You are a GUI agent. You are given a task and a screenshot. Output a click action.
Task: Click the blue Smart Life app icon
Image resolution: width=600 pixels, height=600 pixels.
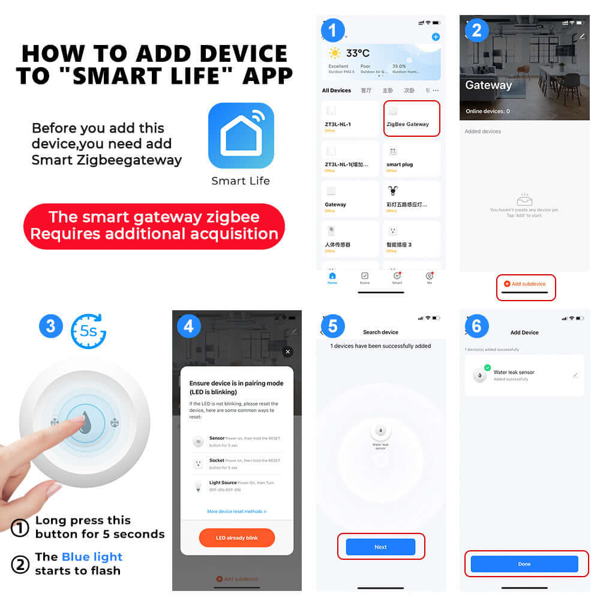(241, 136)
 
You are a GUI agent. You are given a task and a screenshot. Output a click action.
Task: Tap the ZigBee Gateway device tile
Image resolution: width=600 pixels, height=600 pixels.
(412, 118)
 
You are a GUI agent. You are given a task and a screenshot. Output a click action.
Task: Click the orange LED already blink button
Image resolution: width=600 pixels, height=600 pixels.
(236, 538)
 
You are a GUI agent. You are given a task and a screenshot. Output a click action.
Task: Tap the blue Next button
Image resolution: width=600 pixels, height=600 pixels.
(380, 547)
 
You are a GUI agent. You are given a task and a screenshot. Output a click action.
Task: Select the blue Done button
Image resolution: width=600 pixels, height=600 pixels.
(524, 564)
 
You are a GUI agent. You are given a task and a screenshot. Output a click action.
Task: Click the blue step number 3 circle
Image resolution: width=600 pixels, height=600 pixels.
(50, 326)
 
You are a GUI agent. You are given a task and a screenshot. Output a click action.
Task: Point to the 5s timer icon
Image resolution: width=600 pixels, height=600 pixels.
(88, 331)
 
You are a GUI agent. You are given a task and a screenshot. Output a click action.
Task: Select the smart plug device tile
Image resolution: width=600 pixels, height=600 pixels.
(412, 158)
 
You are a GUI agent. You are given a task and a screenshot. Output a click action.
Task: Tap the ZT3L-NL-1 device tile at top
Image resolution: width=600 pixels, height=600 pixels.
(350, 118)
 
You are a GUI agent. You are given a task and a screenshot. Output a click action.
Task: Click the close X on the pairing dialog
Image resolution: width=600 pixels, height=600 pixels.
(287, 352)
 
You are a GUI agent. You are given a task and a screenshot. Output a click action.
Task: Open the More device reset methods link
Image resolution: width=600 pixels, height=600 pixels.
(236, 511)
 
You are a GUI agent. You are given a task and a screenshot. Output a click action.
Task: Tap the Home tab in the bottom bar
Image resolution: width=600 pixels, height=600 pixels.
(332, 278)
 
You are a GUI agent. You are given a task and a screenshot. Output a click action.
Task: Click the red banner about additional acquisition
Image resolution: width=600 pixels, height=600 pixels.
(154, 225)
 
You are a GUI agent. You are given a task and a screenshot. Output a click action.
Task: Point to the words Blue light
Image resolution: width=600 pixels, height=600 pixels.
(92, 557)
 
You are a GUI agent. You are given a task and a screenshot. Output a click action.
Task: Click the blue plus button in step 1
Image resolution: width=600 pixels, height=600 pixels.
(436, 37)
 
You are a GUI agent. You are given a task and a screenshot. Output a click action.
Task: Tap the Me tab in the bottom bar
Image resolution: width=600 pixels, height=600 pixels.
(429, 278)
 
